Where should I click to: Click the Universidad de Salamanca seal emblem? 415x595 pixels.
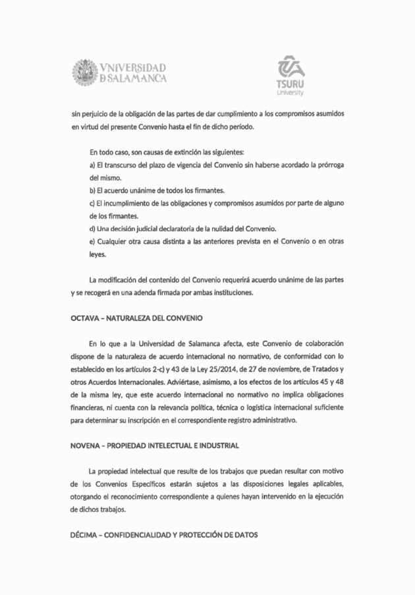tap(84, 72)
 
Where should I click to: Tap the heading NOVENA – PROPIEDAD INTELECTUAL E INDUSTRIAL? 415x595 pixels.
tap(155, 446)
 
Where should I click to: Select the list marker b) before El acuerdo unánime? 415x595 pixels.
tap(92, 190)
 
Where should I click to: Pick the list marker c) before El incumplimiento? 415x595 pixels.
tap(92, 202)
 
